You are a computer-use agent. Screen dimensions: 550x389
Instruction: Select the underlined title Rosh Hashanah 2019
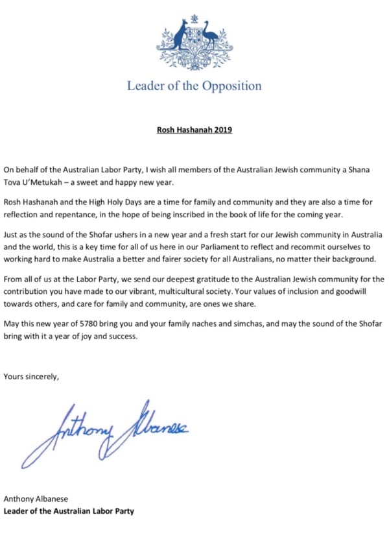point(194,130)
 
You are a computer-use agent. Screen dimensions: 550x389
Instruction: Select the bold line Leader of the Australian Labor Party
point(69,512)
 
